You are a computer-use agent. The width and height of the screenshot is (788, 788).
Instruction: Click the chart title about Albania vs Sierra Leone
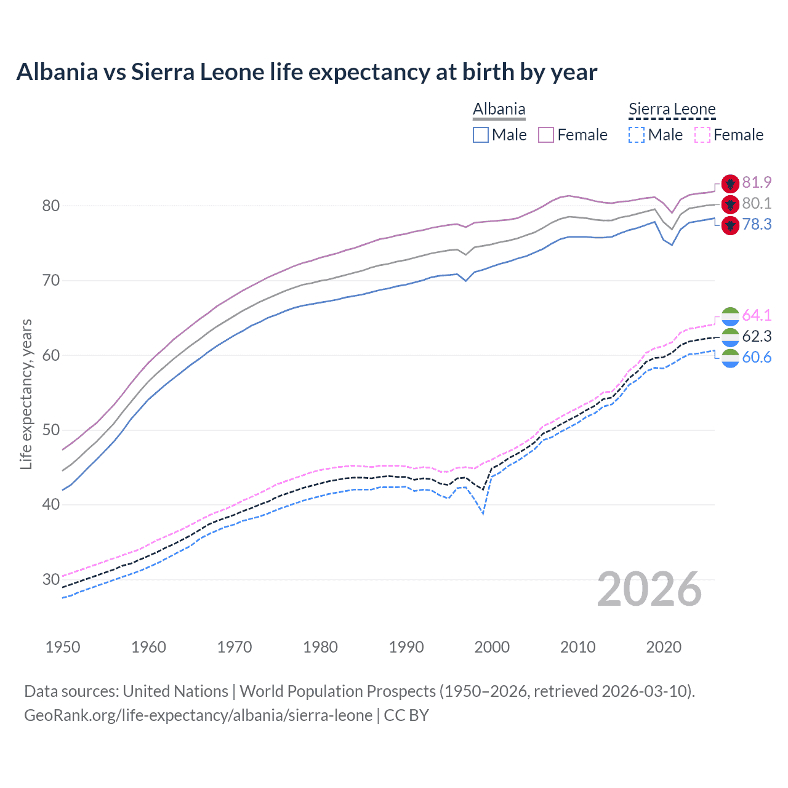[x=307, y=72]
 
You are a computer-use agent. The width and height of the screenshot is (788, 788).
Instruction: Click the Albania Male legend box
[x=481, y=135]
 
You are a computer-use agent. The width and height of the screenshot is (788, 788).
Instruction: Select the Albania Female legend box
[x=546, y=135]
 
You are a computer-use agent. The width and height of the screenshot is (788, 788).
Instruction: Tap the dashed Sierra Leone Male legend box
[x=637, y=135]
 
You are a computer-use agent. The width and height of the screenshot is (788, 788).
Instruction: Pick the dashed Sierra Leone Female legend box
[x=702, y=135]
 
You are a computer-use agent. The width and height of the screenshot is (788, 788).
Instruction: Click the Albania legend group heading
[x=499, y=110]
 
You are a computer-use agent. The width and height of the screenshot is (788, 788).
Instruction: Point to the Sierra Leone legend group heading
[x=672, y=110]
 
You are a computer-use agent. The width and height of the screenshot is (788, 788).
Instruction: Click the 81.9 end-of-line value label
[x=757, y=183]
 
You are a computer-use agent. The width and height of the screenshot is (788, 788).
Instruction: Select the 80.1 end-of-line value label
[x=757, y=204]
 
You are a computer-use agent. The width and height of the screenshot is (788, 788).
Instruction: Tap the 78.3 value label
[x=757, y=225]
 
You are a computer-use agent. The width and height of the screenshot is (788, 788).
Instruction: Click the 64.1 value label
[x=757, y=316]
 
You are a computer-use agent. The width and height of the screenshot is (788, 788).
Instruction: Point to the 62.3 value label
[x=757, y=337]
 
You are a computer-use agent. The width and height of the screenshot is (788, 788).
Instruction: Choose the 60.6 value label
[x=757, y=358]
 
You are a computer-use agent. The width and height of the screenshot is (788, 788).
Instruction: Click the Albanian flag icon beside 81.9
[x=730, y=183]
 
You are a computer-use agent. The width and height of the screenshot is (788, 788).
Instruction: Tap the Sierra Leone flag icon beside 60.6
[x=730, y=358]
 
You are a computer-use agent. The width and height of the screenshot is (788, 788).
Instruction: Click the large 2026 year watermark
[x=649, y=589]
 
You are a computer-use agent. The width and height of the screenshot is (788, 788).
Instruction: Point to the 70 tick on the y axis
[x=51, y=281]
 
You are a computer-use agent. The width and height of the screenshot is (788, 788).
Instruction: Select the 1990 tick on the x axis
[x=406, y=647]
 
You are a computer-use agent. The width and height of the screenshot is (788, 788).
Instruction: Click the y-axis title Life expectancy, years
[x=26, y=394]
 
